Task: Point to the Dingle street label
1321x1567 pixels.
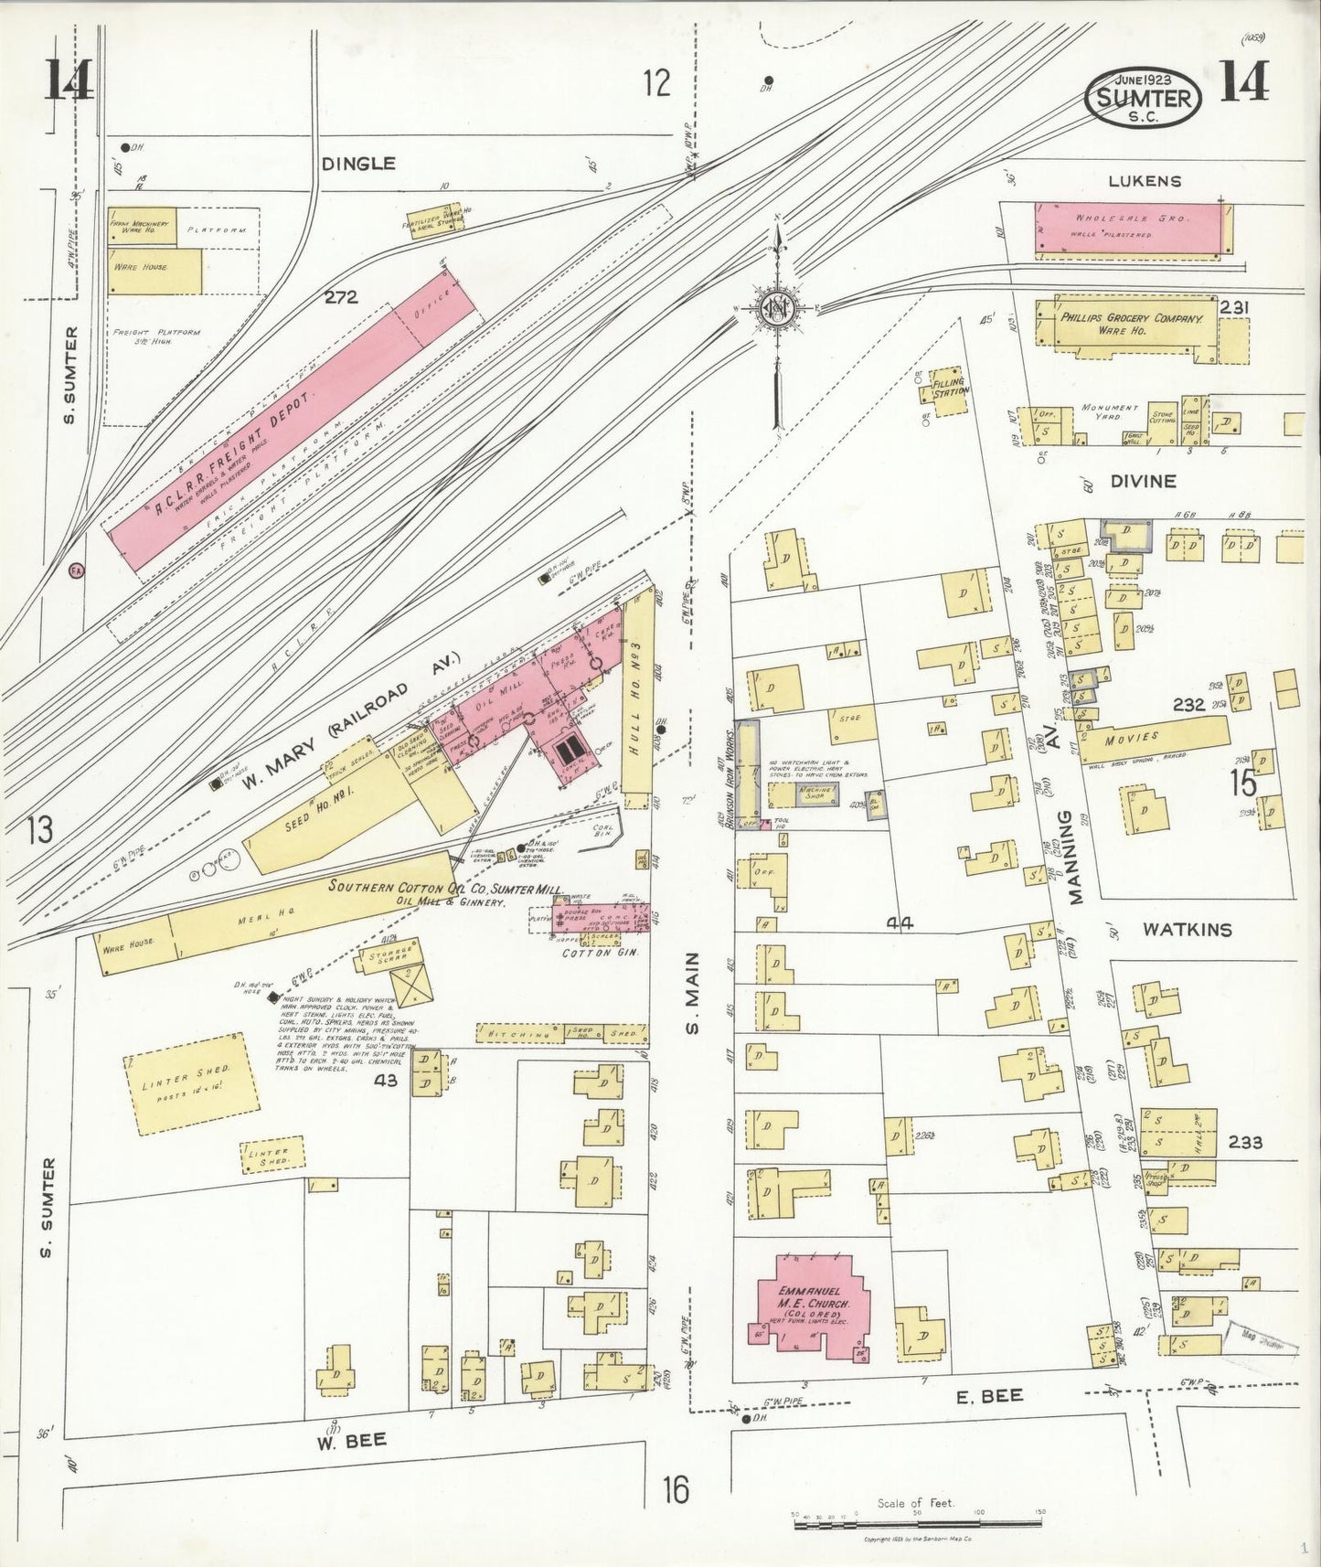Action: [x=359, y=164]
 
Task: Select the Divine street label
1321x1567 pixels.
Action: [x=1143, y=481]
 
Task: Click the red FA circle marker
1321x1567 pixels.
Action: [x=77, y=570]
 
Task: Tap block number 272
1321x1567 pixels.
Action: [x=339, y=296]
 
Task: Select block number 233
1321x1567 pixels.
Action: [x=1245, y=1142]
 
